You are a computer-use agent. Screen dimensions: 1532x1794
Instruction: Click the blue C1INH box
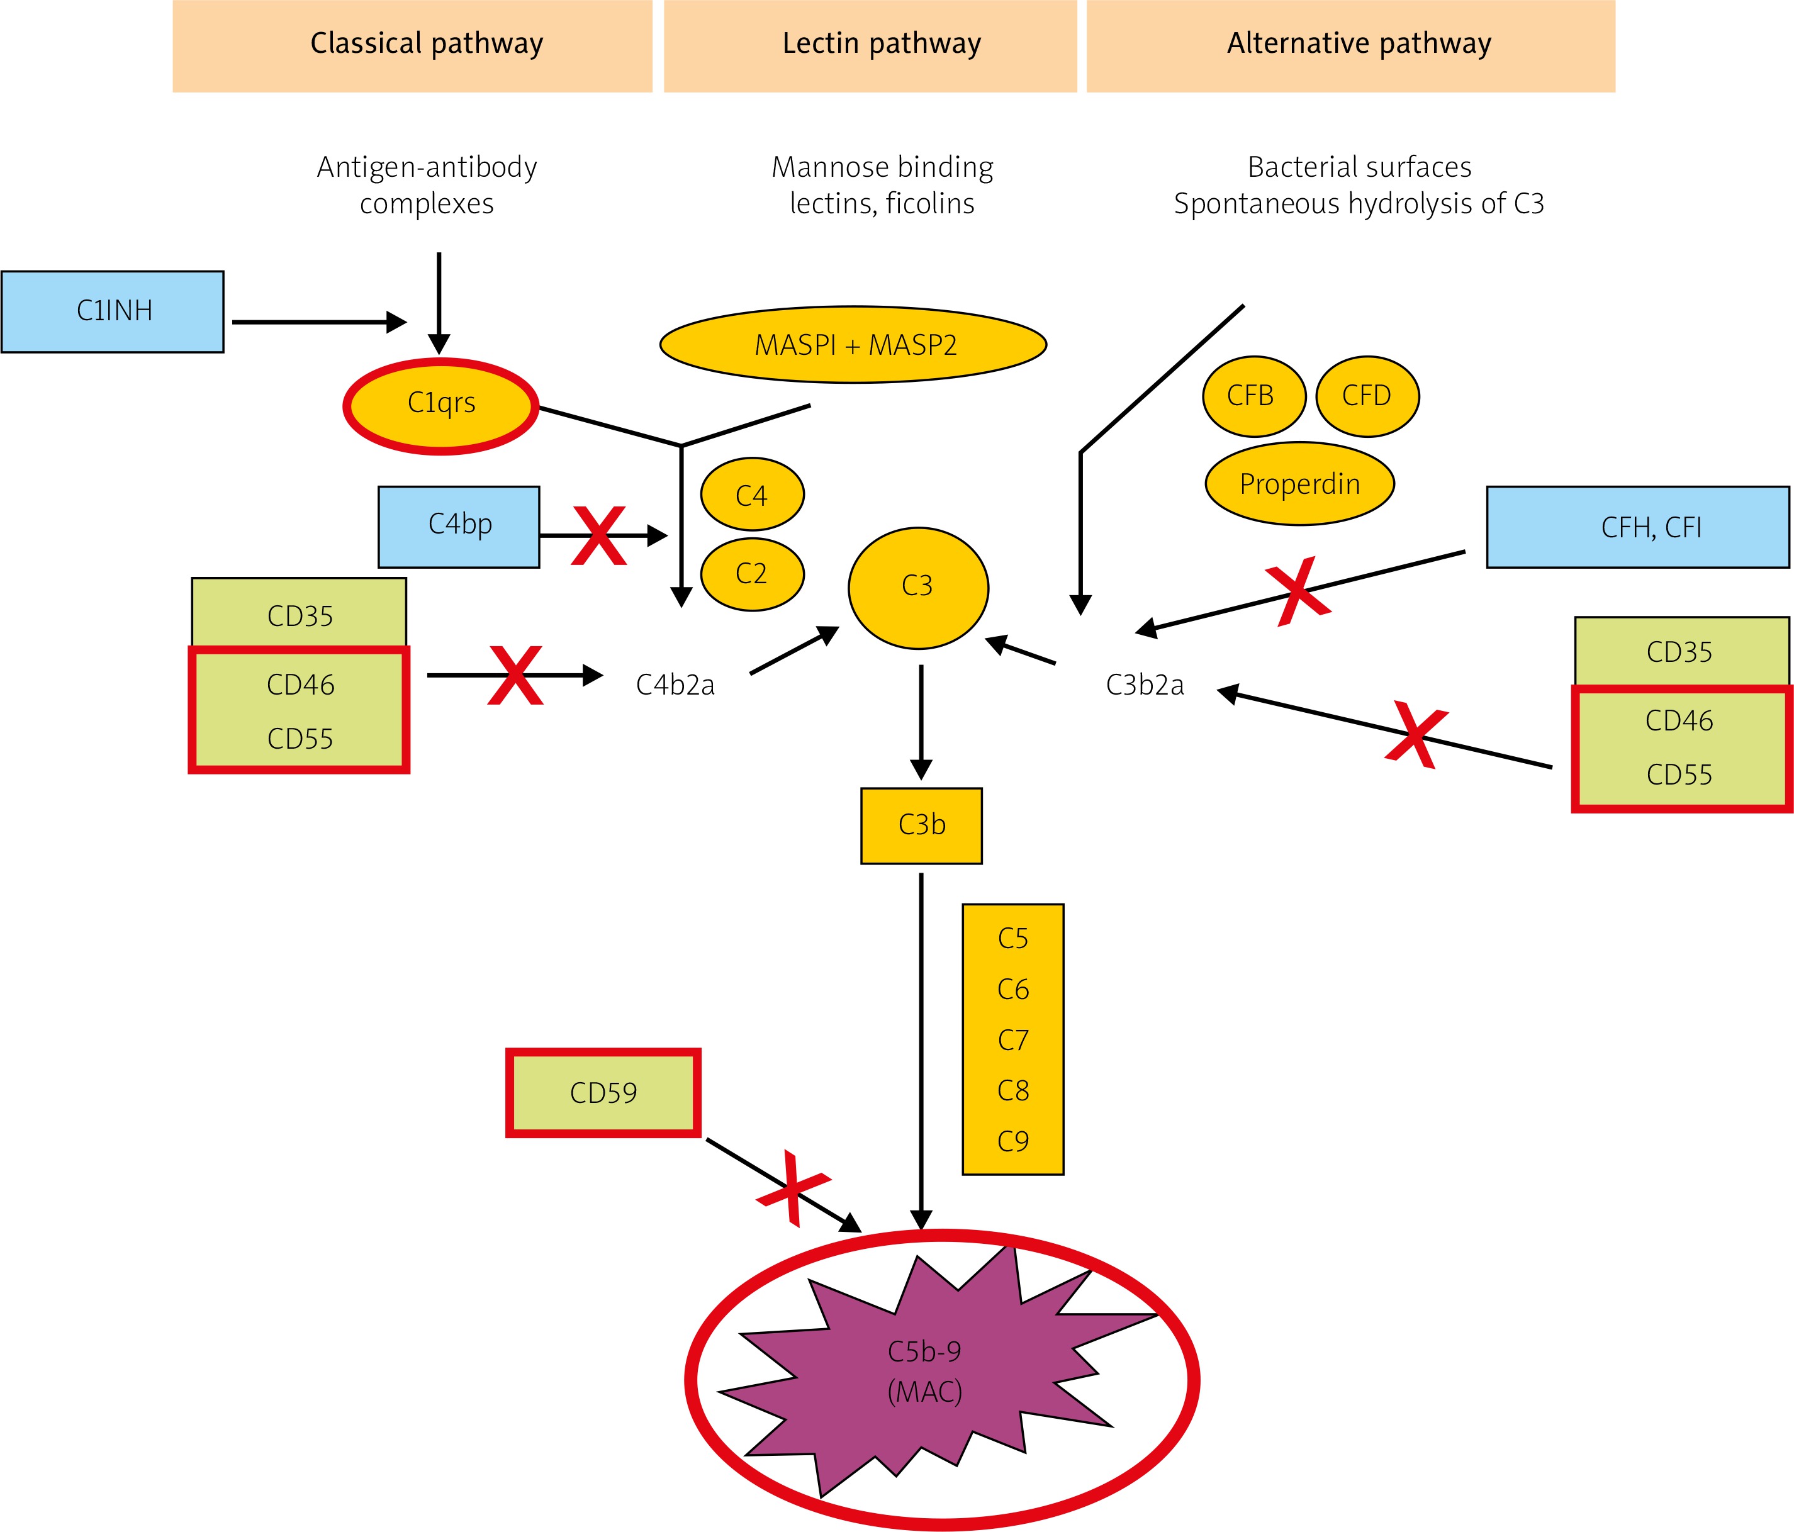(x=113, y=311)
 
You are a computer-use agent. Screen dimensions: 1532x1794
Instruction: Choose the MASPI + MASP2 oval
(x=854, y=345)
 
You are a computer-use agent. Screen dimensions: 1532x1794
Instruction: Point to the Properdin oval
(x=1299, y=484)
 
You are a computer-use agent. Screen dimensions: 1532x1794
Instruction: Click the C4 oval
(x=751, y=495)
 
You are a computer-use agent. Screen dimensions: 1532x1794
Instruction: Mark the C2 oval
(x=751, y=574)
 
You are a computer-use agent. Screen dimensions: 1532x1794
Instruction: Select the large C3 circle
(x=918, y=588)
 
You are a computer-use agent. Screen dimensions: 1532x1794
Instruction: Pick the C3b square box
(x=921, y=825)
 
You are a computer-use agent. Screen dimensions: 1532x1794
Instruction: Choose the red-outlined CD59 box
(x=603, y=1092)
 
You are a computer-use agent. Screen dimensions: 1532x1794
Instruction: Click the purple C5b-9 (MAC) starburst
(x=924, y=1372)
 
